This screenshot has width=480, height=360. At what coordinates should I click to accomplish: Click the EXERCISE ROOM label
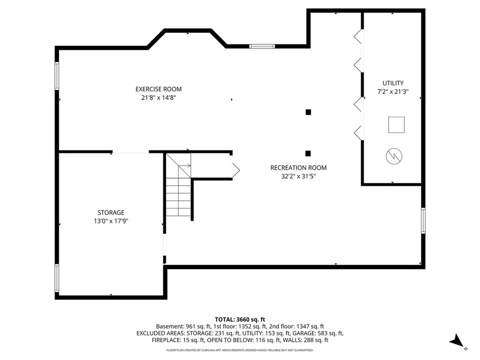point(158,89)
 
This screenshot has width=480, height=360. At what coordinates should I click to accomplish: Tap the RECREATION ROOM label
point(299,168)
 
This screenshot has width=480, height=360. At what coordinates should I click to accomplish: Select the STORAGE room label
point(111,212)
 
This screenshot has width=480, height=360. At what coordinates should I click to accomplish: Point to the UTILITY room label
point(393,83)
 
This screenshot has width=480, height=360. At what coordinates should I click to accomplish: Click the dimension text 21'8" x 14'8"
point(158,97)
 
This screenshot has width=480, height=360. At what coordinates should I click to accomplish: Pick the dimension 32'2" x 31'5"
point(299,176)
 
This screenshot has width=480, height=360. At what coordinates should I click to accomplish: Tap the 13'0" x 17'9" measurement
point(111,221)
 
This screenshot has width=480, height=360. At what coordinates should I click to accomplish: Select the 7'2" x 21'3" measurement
point(393,91)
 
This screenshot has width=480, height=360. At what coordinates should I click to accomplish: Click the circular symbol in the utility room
point(394,157)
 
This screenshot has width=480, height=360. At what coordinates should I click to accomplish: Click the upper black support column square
point(308,112)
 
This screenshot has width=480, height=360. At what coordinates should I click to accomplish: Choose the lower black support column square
point(308,153)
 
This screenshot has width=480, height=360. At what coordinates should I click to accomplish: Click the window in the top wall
point(262,46)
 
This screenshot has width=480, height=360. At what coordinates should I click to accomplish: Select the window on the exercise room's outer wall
point(57,76)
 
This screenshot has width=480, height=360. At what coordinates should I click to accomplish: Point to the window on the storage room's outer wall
point(57,278)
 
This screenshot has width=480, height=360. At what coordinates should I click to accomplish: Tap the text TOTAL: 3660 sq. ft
point(240,320)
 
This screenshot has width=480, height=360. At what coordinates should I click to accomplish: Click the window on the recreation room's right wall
point(423,220)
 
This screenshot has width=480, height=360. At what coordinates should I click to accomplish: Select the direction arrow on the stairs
point(185,165)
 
